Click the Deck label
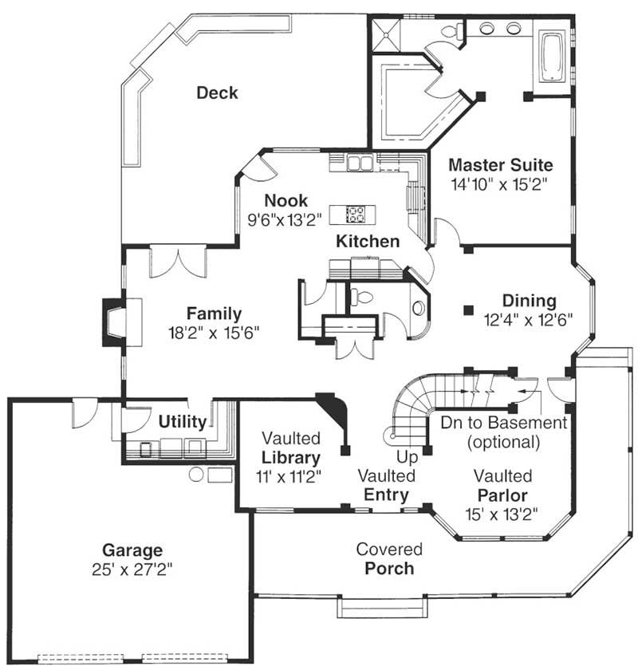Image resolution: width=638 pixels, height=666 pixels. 217,93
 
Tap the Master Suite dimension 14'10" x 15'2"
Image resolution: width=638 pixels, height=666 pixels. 499,184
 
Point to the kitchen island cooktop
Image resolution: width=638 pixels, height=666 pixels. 355,215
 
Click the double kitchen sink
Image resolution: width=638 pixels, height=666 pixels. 360,162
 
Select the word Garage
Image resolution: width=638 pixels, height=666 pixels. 132,550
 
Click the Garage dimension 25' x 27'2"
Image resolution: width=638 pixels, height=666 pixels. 132,569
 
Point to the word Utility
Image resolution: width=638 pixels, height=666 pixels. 182,422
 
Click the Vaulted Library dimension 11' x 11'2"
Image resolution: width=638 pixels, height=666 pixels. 289,477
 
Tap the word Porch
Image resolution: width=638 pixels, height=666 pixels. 389,569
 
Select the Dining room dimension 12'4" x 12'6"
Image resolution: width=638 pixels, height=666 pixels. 529,319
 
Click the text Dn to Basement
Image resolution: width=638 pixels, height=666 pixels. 504,423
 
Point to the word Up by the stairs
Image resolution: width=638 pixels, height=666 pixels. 407,458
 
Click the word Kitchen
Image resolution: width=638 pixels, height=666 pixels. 368,241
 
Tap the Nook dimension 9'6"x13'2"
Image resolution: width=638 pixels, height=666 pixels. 285,219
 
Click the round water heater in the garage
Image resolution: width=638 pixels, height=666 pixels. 196,475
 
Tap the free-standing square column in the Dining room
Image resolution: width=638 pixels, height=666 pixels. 468,310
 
